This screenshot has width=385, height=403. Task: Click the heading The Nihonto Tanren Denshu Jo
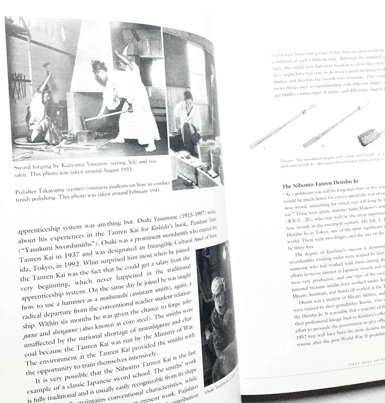320,184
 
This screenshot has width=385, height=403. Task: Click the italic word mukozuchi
112,297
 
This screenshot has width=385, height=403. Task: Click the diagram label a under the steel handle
264,148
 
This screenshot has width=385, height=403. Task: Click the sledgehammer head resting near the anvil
83,120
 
